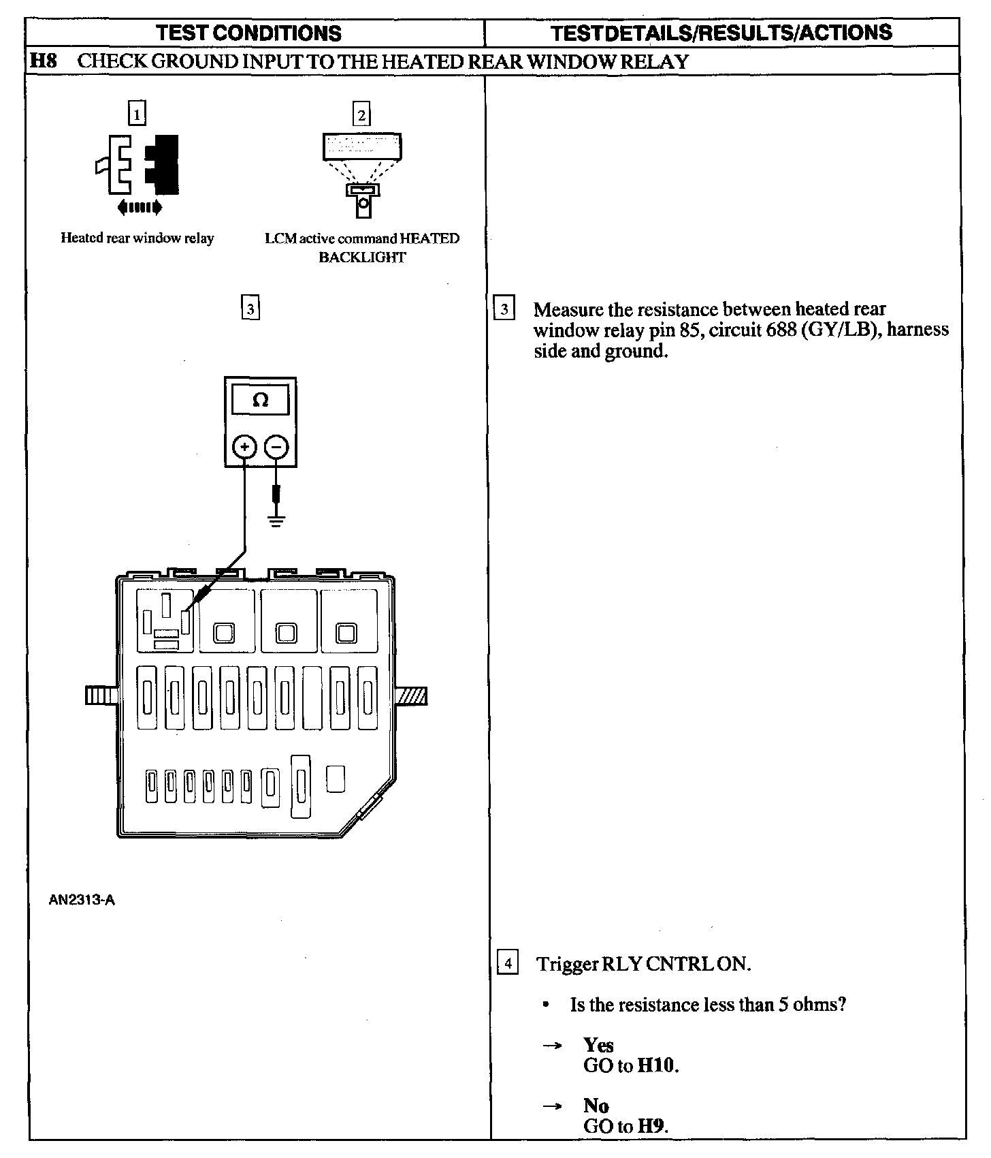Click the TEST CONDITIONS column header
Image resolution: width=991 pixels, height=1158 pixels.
tap(248, 33)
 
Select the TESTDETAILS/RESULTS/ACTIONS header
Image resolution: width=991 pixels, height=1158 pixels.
tap(721, 33)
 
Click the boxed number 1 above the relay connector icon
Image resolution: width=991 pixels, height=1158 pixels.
tap(137, 113)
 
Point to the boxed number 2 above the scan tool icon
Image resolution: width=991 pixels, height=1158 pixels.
tap(361, 114)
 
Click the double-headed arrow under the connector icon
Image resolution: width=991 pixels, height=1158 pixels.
tap(140, 207)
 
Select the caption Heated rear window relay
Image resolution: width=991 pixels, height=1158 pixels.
tap(137, 238)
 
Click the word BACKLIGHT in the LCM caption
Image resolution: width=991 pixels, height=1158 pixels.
tap(362, 257)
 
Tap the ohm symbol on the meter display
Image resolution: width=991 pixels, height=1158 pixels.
tap(260, 401)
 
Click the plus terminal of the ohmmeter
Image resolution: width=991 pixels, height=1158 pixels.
tap(244, 447)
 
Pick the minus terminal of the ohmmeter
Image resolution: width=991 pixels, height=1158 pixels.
tap(276, 447)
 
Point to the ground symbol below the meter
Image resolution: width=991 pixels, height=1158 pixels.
tap(276, 522)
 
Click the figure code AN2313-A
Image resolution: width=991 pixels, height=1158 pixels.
tap(82, 900)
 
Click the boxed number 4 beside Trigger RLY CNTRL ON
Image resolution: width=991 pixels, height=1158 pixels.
tap(508, 964)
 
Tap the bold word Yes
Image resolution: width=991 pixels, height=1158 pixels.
tap(598, 1045)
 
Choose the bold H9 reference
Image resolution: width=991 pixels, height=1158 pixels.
tap(652, 1126)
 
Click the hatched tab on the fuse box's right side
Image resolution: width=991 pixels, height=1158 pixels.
tap(412, 695)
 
